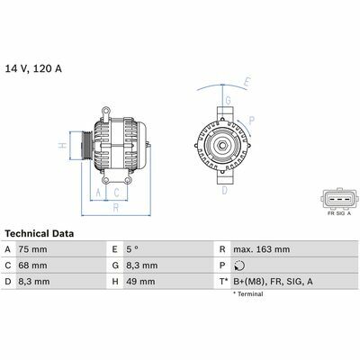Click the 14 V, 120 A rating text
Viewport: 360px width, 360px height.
point(33,68)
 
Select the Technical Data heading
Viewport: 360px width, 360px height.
point(40,233)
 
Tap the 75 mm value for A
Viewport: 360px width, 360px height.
point(32,249)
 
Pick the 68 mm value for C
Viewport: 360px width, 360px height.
point(32,265)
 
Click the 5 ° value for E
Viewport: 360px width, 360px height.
point(132,249)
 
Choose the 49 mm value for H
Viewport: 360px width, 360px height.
point(140,282)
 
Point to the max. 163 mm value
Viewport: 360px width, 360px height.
point(262,249)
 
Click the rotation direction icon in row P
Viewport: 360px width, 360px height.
point(239,265)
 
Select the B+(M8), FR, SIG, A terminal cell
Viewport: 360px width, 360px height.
point(273,282)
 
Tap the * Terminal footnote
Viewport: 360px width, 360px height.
point(248,294)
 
